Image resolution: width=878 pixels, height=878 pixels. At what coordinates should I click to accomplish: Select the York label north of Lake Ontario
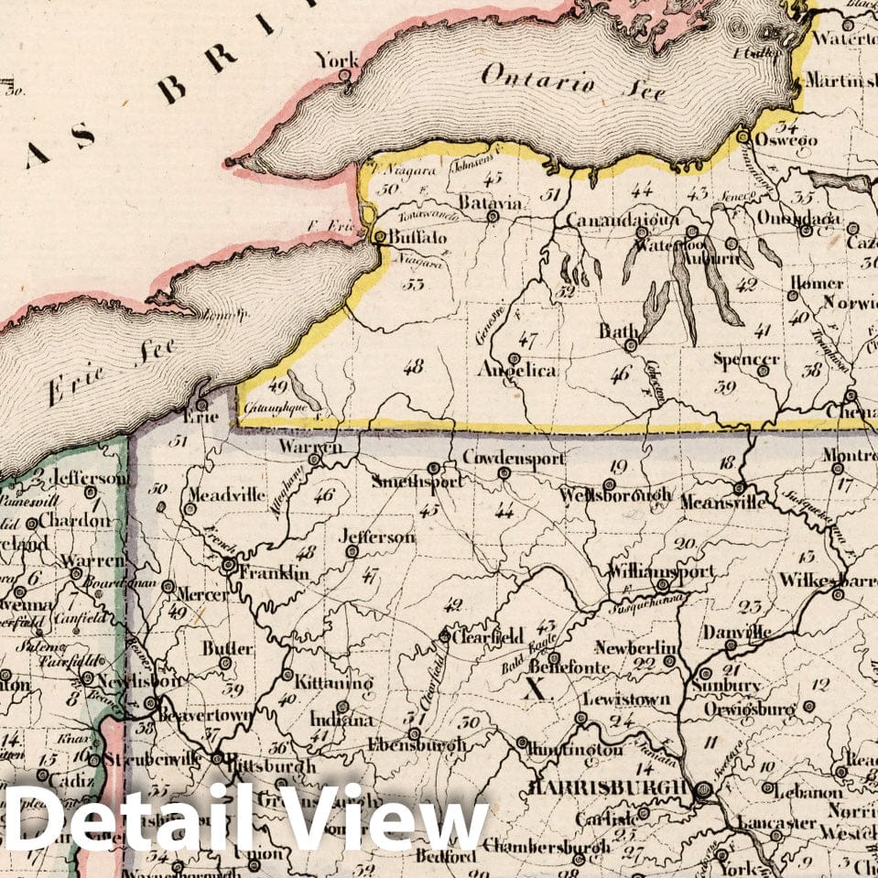coord(336,60)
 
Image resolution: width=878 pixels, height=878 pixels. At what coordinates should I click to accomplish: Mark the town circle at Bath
coord(631,346)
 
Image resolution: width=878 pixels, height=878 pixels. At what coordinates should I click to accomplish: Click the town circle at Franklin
coord(227,566)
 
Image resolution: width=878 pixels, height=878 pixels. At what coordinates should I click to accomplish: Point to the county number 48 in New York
coord(413,366)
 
